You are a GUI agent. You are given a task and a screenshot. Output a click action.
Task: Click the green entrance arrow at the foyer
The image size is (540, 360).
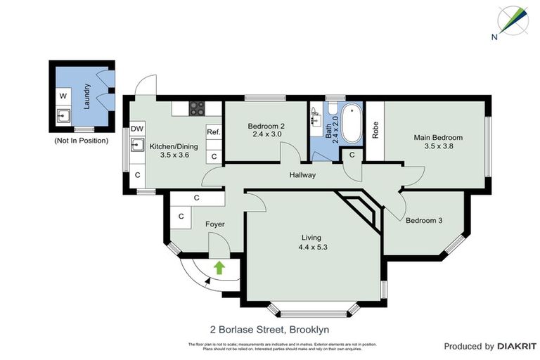[x=219, y=267]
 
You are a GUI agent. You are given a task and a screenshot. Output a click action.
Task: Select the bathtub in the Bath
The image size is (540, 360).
[x=349, y=122]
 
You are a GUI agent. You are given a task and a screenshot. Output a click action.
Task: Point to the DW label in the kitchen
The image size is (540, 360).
[x=137, y=129]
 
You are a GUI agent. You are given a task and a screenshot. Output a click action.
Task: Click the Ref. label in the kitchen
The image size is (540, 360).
[x=214, y=131]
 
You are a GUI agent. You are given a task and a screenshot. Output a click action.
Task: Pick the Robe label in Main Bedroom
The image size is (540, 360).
[x=375, y=129]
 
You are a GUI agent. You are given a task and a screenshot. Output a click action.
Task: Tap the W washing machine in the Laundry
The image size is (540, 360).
[x=63, y=95]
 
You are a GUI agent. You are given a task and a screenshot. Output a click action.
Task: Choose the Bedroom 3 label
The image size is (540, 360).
[x=424, y=220]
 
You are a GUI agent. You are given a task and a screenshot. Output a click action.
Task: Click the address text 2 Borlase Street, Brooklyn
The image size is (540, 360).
[x=269, y=328]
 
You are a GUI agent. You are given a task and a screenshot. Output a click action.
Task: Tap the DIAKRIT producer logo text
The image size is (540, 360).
[x=517, y=346]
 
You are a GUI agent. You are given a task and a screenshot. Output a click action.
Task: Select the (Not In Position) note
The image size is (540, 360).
[x=81, y=141]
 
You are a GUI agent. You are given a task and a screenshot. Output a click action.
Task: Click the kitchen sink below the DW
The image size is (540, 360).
[x=138, y=146]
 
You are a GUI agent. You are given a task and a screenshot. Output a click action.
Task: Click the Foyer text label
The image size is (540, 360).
[x=214, y=224]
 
